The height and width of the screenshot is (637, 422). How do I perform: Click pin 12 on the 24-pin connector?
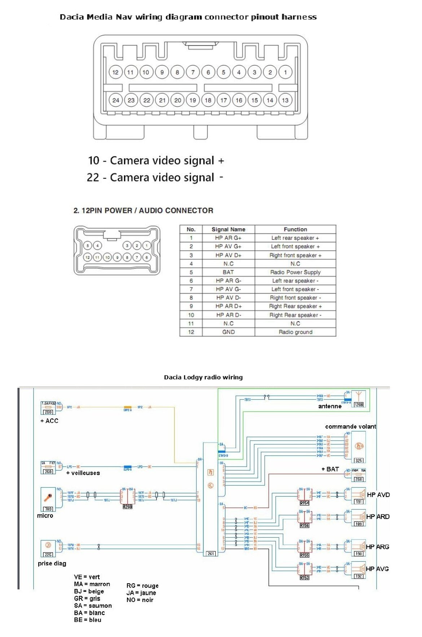coord(115,72)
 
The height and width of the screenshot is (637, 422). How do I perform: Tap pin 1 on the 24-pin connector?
coord(285,72)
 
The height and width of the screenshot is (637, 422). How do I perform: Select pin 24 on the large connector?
coord(115,100)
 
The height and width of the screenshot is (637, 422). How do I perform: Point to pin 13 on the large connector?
coord(285,100)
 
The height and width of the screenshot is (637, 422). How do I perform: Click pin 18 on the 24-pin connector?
coord(208,100)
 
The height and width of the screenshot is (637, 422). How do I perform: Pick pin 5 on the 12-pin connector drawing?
coord(88,246)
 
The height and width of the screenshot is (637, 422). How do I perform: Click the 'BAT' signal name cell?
coord(228,272)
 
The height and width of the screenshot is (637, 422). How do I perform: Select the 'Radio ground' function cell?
coord(295,332)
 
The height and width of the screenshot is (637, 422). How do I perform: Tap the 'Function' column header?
coord(295,229)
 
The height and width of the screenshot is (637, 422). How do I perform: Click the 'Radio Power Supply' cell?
coord(295,272)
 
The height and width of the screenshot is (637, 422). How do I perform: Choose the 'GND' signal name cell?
coord(228,332)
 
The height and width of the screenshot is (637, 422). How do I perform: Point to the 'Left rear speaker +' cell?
coord(295,238)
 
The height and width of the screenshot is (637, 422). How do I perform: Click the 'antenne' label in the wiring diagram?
coord(330,406)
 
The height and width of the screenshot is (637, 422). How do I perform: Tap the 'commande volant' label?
coord(351,426)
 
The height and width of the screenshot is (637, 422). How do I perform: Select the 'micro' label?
coord(45,516)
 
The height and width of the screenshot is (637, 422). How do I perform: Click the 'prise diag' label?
coord(52,563)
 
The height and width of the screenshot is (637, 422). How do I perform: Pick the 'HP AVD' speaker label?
coord(378,495)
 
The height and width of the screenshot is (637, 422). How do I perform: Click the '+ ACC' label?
coord(49,421)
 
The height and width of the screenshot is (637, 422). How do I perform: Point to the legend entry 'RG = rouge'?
coord(142,586)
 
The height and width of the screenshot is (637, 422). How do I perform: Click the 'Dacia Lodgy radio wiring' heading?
coord(203,377)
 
